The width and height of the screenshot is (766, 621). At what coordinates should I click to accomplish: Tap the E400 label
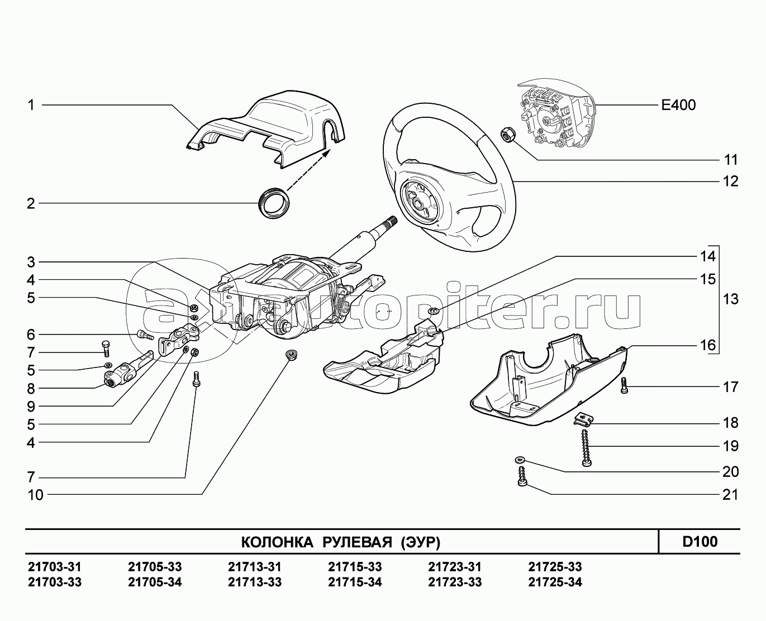pyautogui.click(x=678, y=105)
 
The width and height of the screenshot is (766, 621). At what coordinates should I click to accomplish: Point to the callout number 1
pyautogui.click(x=31, y=104)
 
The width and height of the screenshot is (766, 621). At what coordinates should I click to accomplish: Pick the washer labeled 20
pyautogui.click(x=520, y=459)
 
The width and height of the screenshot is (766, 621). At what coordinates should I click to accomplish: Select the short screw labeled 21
pyautogui.click(x=522, y=478)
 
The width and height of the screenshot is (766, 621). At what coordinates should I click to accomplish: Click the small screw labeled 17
pyautogui.click(x=625, y=385)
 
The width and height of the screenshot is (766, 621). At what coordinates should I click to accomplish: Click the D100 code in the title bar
pyautogui.click(x=700, y=542)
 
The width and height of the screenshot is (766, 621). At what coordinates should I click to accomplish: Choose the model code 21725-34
pyautogui.click(x=555, y=582)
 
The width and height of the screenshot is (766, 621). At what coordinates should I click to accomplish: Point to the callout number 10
pyautogui.click(x=35, y=495)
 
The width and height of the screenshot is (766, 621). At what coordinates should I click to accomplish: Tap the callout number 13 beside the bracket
pyautogui.click(x=730, y=299)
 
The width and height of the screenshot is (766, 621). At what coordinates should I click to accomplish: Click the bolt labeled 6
pyautogui.click(x=145, y=335)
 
